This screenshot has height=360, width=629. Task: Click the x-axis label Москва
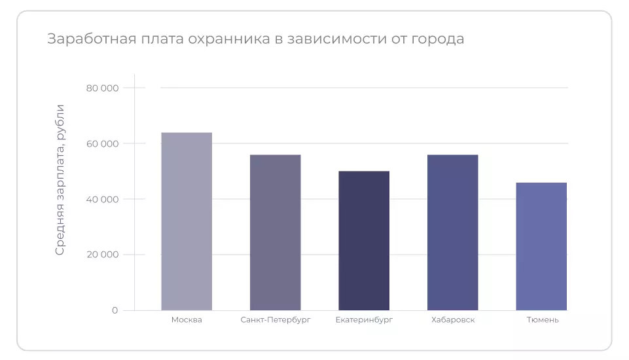point(187,320)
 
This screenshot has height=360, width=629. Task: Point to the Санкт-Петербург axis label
point(276,320)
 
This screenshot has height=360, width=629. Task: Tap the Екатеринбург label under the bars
point(364,320)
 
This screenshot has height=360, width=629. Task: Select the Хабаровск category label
point(453,320)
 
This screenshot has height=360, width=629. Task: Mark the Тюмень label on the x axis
point(543,320)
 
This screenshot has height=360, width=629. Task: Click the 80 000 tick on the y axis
point(102,88)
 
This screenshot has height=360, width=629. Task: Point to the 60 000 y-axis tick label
point(102,143)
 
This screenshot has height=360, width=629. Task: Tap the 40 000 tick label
point(102,199)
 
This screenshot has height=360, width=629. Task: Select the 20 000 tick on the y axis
point(102,255)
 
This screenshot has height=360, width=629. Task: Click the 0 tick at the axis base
point(115,310)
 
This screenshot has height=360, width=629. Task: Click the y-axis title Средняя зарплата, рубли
point(60,179)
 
